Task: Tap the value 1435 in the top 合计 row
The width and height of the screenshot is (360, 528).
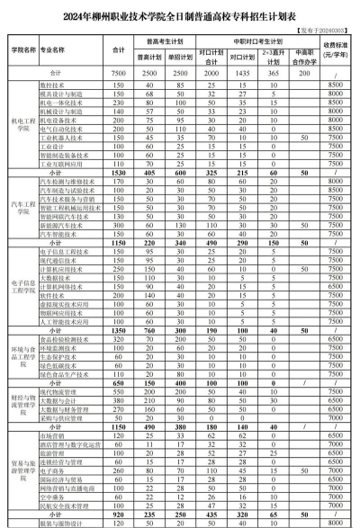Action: click(239, 72)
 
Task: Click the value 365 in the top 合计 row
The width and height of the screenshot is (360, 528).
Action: click(271, 72)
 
